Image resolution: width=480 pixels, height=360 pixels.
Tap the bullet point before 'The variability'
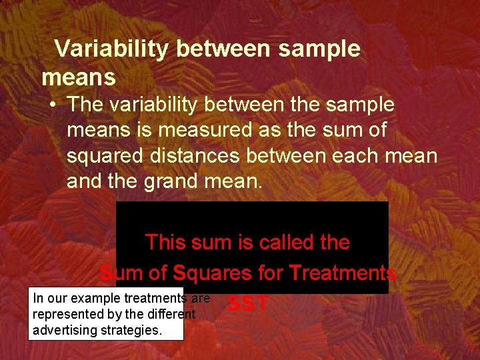click(53, 105)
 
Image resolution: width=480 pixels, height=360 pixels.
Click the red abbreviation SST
click(247, 305)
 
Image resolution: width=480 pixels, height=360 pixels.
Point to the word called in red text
click(283, 242)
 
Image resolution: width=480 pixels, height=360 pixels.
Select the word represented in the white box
click(66, 314)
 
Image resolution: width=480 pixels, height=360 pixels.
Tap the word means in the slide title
click(79, 78)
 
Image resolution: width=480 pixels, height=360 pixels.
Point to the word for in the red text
click(270, 273)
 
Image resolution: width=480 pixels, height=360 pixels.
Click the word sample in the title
click(319, 49)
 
